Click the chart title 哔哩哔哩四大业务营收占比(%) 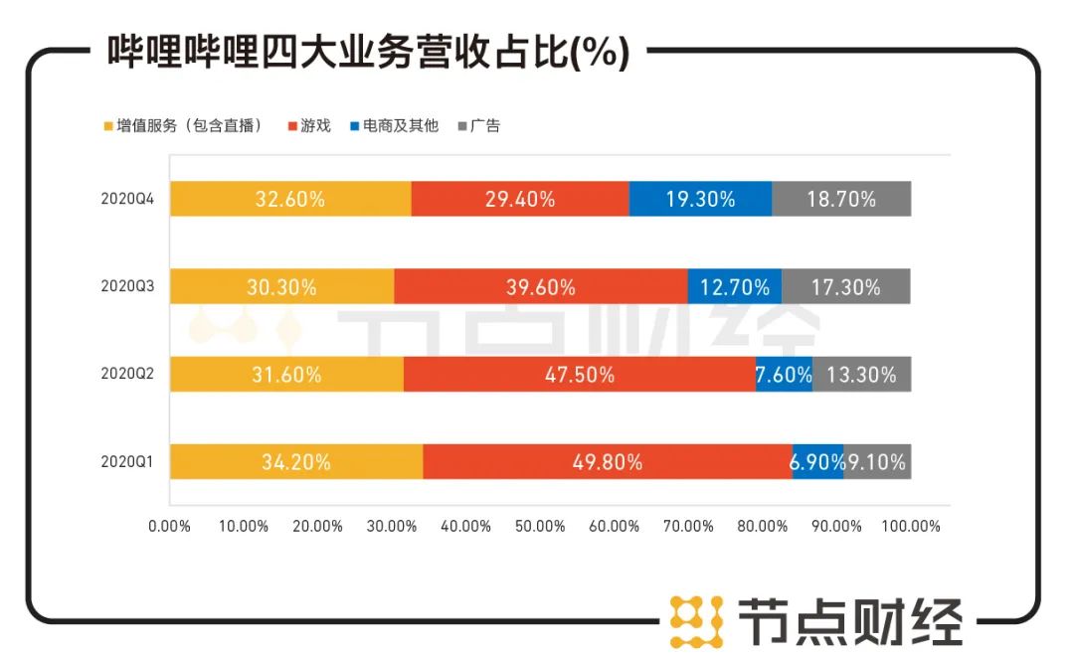[367, 53]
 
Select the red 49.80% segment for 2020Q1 [607, 462]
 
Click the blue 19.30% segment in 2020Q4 [700, 199]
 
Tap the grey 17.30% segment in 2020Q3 [845, 287]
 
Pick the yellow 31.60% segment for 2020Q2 [286, 375]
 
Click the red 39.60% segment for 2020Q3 [540, 287]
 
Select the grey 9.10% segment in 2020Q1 [877, 462]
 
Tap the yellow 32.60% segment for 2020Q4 [290, 199]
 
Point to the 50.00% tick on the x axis [540, 526]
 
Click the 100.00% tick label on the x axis [911, 526]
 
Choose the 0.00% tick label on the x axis [169, 526]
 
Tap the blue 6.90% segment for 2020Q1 [817, 462]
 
